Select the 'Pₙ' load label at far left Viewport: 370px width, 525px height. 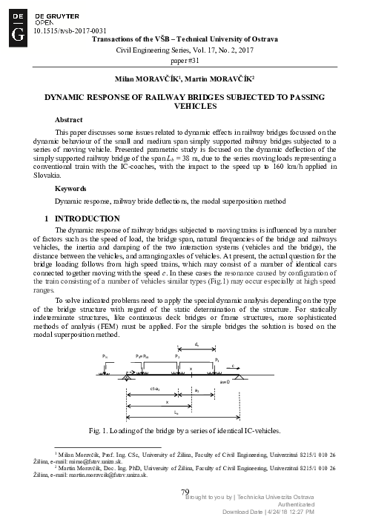click(x=105, y=356)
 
